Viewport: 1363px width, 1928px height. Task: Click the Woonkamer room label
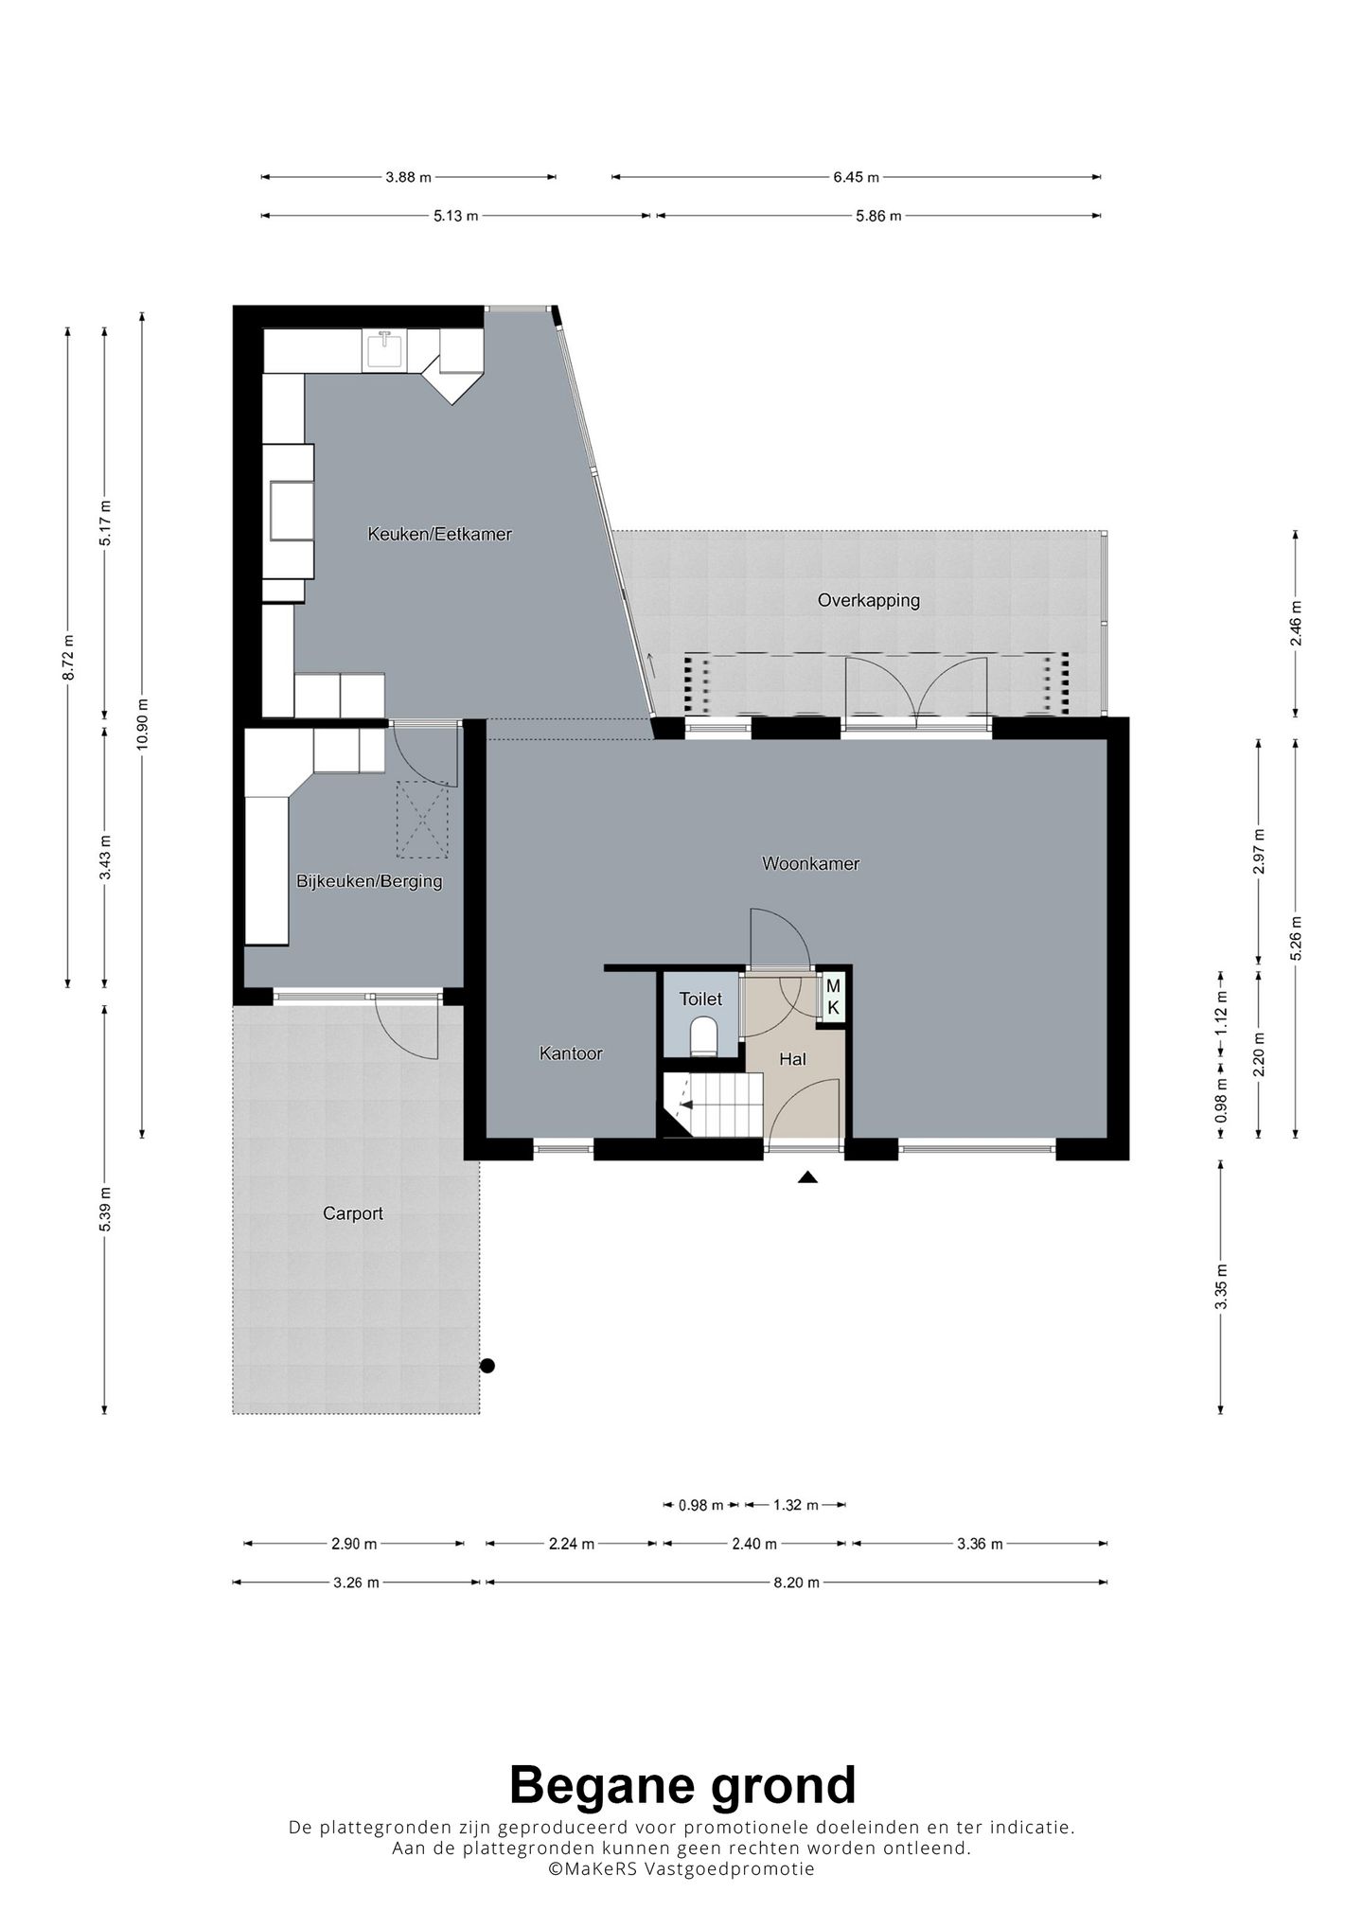810,863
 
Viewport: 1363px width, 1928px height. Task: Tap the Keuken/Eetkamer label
439,535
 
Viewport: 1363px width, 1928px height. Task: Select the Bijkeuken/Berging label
369,881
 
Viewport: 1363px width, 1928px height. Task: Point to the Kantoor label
571,1052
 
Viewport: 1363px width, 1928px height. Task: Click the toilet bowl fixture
703,1035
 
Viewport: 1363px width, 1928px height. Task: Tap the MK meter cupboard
833,997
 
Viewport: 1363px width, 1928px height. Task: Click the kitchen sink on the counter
385,350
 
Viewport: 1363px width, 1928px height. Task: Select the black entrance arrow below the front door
806,1177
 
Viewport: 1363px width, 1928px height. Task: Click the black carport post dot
487,1366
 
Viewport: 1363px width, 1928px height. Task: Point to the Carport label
353,1213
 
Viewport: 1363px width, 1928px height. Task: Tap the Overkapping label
869,600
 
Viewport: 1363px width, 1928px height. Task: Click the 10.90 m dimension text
142,724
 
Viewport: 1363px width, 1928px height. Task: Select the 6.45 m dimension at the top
856,177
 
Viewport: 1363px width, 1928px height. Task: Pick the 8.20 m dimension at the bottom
796,1582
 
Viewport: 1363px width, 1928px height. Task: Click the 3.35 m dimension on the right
1222,1286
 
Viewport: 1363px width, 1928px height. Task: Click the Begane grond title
682,1786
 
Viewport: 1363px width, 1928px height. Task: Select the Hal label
792,1059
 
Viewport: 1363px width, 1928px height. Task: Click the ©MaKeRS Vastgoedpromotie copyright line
681,1869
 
